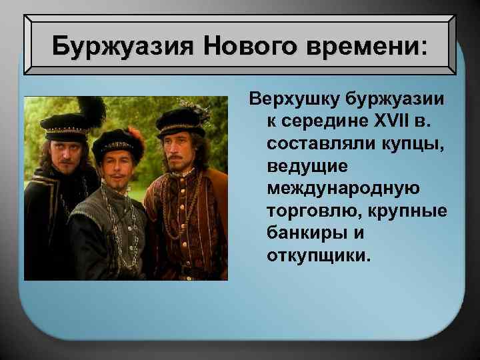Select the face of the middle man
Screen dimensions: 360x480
click(119, 167)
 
